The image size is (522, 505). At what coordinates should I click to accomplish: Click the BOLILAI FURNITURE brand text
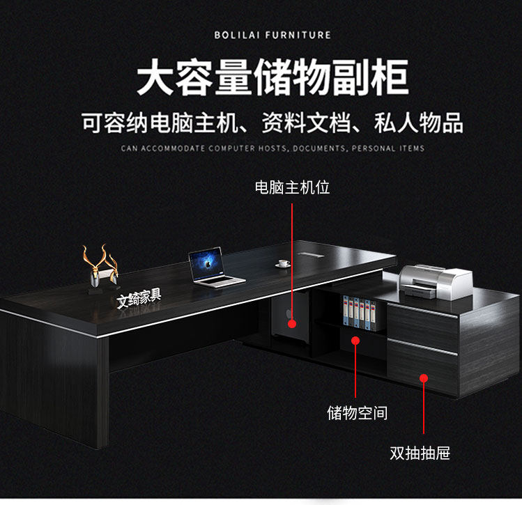pyautogui.click(x=272, y=34)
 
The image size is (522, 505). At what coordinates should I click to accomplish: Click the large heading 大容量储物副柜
pyautogui.click(x=272, y=77)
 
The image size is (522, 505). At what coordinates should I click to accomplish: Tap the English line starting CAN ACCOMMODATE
pyautogui.click(x=272, y=148)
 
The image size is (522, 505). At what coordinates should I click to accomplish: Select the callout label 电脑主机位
pyautogui.click(x=291, y=187)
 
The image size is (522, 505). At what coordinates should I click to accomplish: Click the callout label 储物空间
pyautogui.click(x=357, y=412)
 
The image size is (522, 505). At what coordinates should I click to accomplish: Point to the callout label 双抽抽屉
pyautogui.click(x=420, y=453)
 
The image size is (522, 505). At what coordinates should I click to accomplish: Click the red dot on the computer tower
pyautogui.click(x=292, y=323)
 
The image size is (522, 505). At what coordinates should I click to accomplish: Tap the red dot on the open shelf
pyautogui.click(x=355, y=341)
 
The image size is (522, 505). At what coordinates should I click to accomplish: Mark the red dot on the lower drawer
pyautogui.click(x=423, y=378)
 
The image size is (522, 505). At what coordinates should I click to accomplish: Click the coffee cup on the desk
pyautogui.click(x=283, y=263)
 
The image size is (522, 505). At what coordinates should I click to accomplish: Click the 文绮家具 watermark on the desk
pyautogui.click(x=139, y=297)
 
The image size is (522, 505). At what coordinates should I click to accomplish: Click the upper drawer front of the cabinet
pyautogui.click(x=422, y=324)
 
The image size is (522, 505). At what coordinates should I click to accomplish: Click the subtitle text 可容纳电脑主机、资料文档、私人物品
pyautogui.click(x=272, y=123)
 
